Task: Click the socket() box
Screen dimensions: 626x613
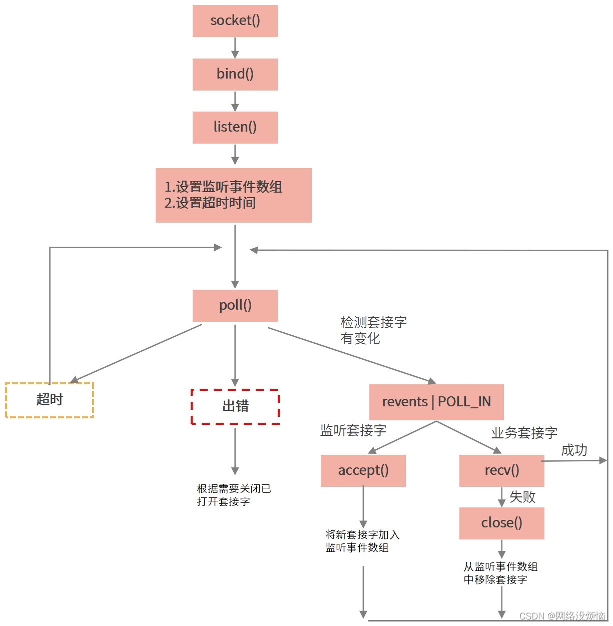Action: click(235, 21)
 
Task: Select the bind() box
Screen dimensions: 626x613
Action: click(235, 74)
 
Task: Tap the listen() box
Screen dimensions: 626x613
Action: click(235, 127)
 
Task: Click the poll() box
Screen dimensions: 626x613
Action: click(235, 305)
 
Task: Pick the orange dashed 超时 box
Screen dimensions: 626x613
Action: click(50, 400)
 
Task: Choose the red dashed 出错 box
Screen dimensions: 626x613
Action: click(235, 406)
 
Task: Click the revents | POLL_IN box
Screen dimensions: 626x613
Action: click(436, 402)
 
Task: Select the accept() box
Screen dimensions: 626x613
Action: click(363, 470)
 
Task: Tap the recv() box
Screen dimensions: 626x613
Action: click(501, 470)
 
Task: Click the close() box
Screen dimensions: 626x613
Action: click(501, 523)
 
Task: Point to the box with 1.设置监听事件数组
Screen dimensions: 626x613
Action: click(233, 195)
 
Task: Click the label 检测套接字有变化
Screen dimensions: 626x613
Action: click(373, 330)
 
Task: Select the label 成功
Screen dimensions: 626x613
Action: click(574, 450)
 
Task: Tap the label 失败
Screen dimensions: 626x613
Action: click(522, 497)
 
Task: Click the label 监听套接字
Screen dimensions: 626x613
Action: click(353, 430)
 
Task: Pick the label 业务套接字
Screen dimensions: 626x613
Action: click(524, 433)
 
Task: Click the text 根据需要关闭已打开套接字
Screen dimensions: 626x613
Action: click(234, 495)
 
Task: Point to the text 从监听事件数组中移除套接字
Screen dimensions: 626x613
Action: click(500, 573)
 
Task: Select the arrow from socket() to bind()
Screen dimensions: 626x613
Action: click(235, 48)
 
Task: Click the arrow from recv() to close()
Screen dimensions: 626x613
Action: click(501, 497)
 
